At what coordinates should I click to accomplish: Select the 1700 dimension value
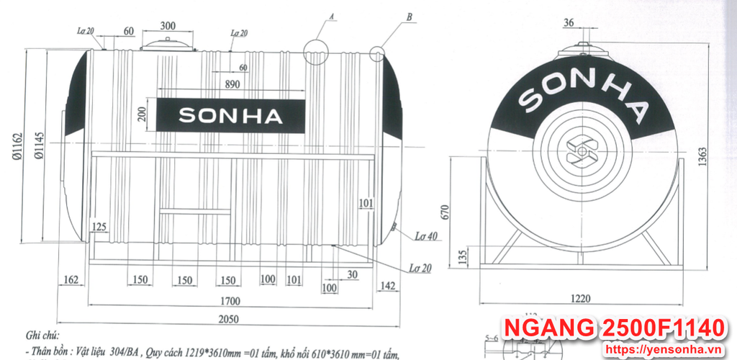pyautogui.click(x=230, y=301)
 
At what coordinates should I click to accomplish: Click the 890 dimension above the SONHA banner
pyautogui.click(x=231, y=84)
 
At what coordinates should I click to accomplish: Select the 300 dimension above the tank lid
pyautogui.click(x=168, y=26)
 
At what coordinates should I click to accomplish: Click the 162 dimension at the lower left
pyautogui.click(x=71, y=279)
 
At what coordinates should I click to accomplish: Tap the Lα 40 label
pyautogui.click(x=426, y=235)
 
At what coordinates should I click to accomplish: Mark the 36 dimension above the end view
pyautogui.click(x=569, y=23)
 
